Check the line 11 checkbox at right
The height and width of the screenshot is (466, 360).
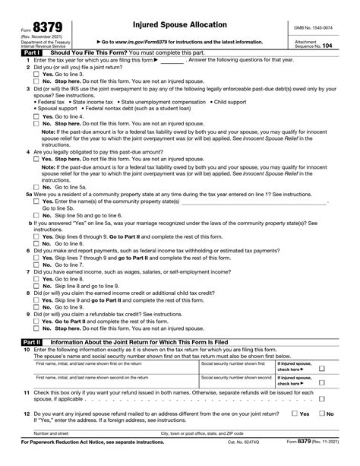pyautogui.click(x=322, y=398)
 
